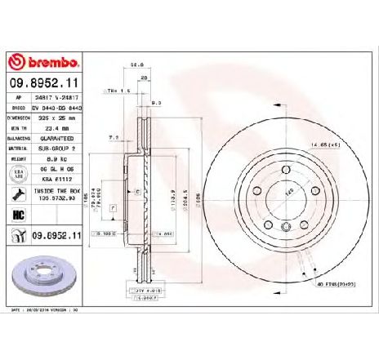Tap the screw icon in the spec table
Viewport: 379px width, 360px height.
coord(16,194)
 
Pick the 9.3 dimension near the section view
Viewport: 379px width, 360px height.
coord(157,102)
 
